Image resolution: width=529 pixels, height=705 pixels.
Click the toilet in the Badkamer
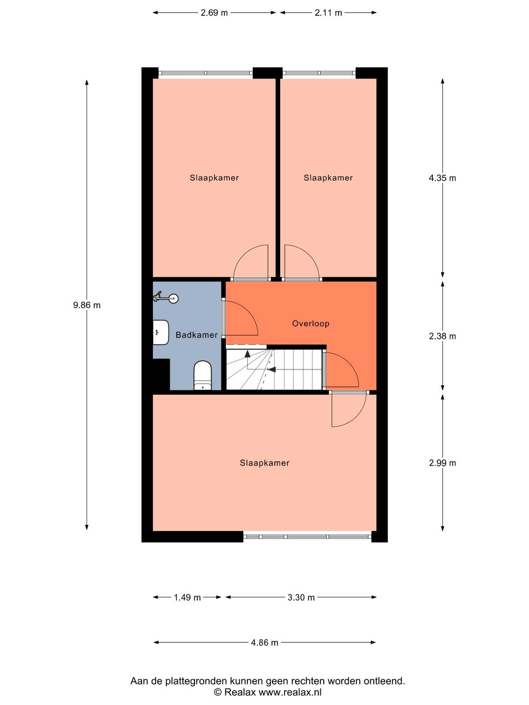coord(202,376)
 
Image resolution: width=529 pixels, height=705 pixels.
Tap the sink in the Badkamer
coord(160,331)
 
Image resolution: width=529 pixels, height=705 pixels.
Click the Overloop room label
coord(311,324)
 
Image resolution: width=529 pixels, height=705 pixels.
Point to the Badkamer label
coord(196,335)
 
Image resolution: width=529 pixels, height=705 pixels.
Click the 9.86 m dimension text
coord(87,305)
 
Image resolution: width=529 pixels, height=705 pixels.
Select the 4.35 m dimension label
coord(442,178)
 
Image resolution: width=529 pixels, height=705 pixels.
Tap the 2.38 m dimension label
coord(442,336)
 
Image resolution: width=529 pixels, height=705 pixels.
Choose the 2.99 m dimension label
coord(442,463)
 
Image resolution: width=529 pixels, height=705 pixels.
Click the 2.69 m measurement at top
coord(214,13)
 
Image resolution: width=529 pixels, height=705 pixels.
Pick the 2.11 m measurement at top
coord(328,13)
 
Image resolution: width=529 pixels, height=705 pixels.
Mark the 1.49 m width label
coord(187,597)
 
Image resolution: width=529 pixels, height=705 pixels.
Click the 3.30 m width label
coord(301,597)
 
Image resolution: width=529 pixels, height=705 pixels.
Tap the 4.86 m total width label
coord(264,643)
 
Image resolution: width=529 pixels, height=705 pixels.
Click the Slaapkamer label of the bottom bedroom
coord(264,463)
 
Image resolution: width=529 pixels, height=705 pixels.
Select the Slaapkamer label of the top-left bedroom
coord(214,178)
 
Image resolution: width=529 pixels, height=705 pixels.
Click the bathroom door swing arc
coord(241,319)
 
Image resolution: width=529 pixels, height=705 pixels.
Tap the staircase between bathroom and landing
coord(274,370)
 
